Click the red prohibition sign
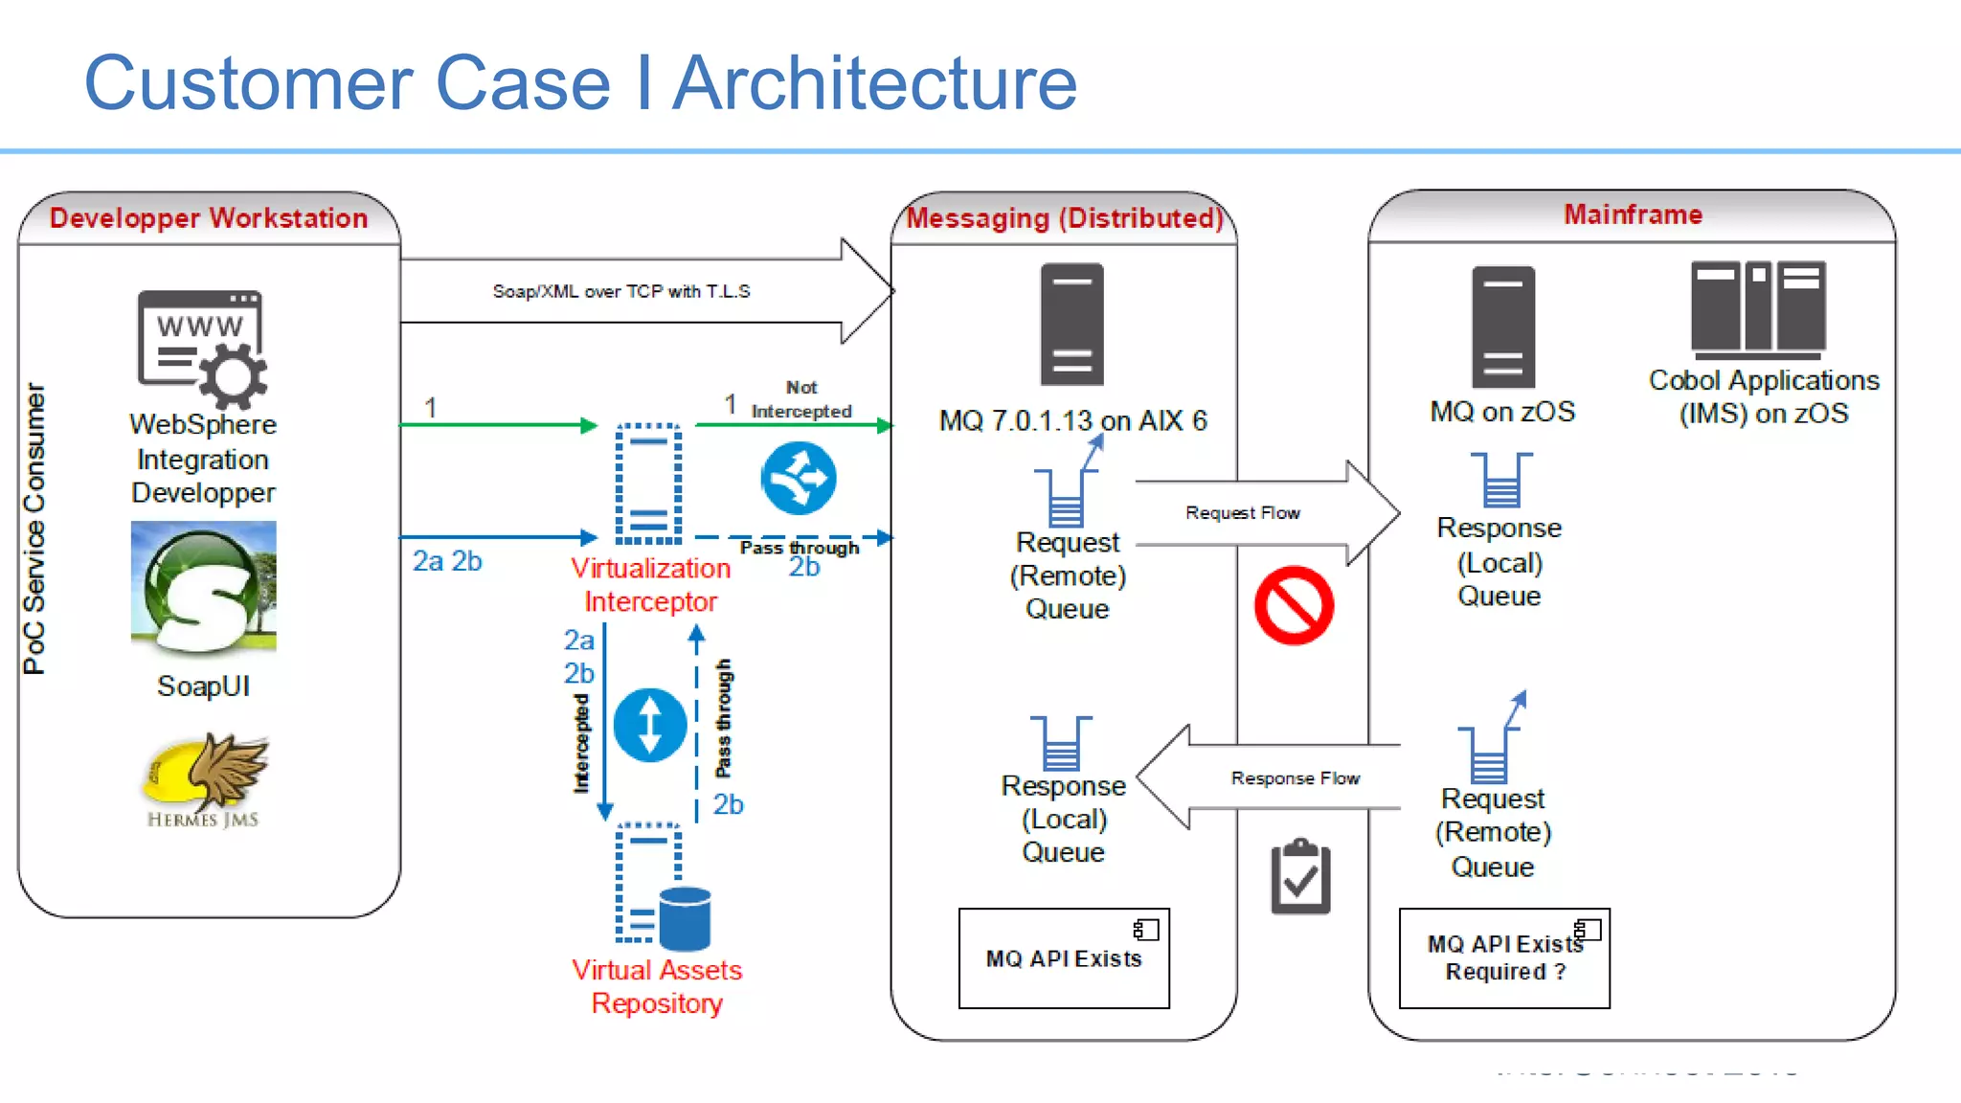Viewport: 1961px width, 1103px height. (x=1294, y=605)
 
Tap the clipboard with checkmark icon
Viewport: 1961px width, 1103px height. (x=1300, y=877)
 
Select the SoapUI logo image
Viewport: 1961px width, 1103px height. (x=204, y=587)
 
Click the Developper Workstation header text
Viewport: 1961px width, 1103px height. (x=209, y=218)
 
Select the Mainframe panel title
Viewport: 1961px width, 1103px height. (x=1633, y=214)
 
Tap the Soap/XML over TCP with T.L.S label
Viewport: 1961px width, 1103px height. (x=620, y=291)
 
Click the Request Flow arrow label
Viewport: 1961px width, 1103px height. (x=1242, y=513)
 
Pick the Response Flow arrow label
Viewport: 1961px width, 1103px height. (x=1295, y=778)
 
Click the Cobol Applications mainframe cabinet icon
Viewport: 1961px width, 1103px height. (x=1758, y=306)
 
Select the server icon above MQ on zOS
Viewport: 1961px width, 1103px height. (x=1503, y=326)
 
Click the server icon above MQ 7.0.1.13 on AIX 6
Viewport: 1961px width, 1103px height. (x=1072, y=325)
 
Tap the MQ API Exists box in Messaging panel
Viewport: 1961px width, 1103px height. (x=1064, y=958)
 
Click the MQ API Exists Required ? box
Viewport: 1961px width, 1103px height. (x=1504, y=958)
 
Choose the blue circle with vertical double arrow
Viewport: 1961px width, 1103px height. (x=650, y=725)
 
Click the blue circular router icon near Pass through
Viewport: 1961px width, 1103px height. (x=799, y=478)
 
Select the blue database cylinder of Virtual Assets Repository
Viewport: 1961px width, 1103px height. (x=685, y=919)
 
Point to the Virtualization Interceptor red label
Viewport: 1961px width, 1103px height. (x=651, y=585)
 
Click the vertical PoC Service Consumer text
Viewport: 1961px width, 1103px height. (x=34, y=529)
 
